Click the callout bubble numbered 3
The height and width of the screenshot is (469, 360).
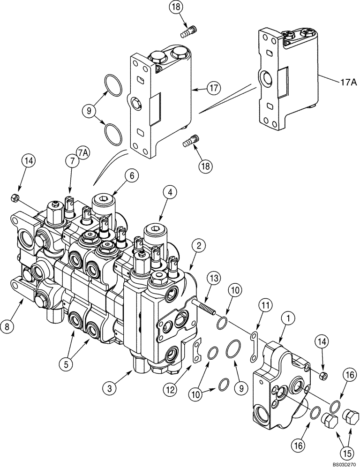111,387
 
